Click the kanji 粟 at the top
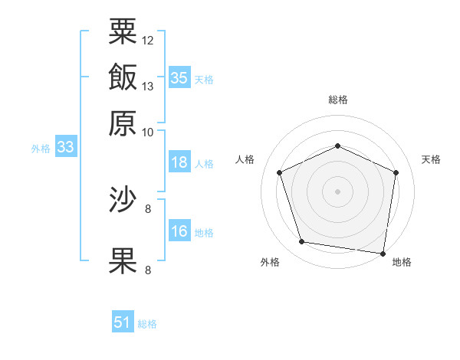pyautogui.click(x=123, y=31)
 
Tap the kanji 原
pyautogui.click(x=123, y=122)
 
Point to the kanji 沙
pyautogui.click(x=123, y=201)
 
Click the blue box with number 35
pyautogui.click(x=179, y=78)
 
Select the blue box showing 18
pyautogui.click(x=179, y=163)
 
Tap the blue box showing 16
pyautogui.click(x=179, y=232)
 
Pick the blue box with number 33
pyautogui.click(x=65, y=148)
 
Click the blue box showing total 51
pyautogui.click(x=123, y=322)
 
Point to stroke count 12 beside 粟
pyautogui.click(x=148, y=40)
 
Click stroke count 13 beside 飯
pyautogui.click(x=148, y=86)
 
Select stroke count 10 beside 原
pyautogui.click(x=148, y=132)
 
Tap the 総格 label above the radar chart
pyautogui.click(x=338, y=100)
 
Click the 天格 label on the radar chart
pyautogui.click(x=431, y=159)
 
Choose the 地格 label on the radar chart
pyautogui.click(x=402, y=262)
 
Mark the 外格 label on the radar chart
pyautogui.click(x=270, y=262)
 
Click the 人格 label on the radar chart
pyautogui.click(x=245, y=159)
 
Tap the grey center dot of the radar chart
pyautogui.click(x=337, y=191)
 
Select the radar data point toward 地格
pyautogui.click(x=383, y=253)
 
